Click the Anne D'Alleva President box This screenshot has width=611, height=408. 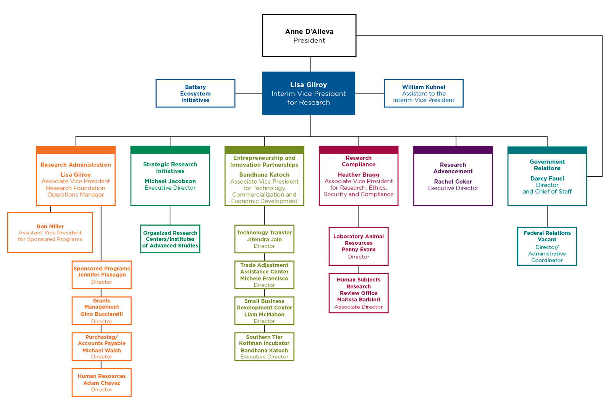click(x=309, y=36)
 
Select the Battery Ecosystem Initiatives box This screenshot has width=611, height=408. click(x=195, y=93)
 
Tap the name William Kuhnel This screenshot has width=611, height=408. click(x=423, y=87)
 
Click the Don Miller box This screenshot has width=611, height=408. click(x=50, y=232)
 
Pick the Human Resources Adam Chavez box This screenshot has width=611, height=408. click(x=102, y=382)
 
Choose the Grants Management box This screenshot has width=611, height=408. click(x=102, y=310)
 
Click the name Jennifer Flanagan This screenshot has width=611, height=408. click(x=102, y=275)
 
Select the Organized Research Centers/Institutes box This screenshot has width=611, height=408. click(x=170, y=239)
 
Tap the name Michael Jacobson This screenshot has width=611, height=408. click(x=170, y=181)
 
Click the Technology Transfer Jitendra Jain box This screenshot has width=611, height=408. click(x=264, y=239)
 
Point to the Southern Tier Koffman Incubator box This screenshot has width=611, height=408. click(x=264, y=346)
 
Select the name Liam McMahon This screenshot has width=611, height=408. click(x=264, y=314)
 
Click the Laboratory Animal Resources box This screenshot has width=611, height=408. click(x=359, y=246)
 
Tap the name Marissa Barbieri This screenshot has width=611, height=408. click(x=359, y=300)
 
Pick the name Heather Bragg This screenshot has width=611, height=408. click(x=359, y=175)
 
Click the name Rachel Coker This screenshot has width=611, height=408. click(x=453, y=182)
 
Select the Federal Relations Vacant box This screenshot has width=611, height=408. click(x=547, y=246)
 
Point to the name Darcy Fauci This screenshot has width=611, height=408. click(x=547, y=179)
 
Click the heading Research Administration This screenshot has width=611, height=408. click(x=76, y=165)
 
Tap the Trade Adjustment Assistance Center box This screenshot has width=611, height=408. click(x=264, y=275)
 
